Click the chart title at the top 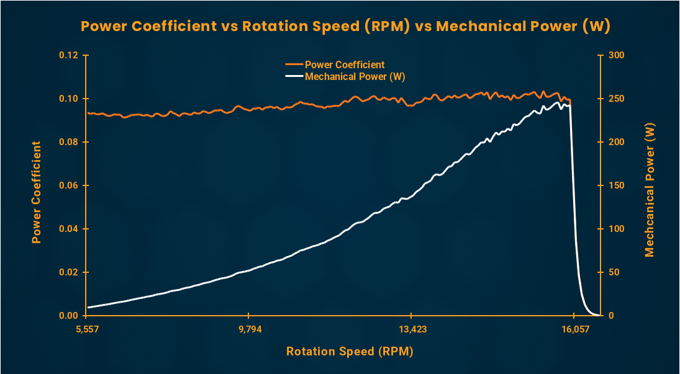345,27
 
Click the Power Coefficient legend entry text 345,65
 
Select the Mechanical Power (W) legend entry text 355,76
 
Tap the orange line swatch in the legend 294,65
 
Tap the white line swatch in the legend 294,76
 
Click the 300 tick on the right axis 616,55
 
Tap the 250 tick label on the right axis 616,99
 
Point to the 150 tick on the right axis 616,185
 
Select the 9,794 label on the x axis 248,329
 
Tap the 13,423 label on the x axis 412,329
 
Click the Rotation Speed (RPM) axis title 350,352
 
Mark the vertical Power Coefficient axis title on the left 37,192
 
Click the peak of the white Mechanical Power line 558,102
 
